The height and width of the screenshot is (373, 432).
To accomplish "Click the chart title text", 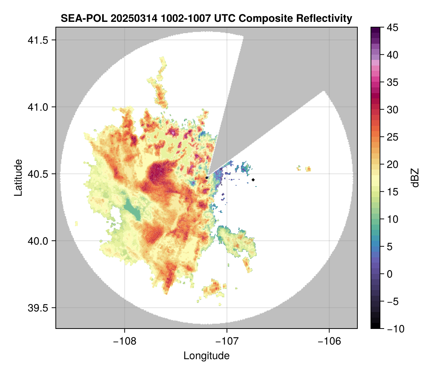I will click(x=206, y=18).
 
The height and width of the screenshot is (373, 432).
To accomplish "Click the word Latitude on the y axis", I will click(x=18, y=177).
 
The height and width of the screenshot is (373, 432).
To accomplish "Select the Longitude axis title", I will click(x=206, y=355).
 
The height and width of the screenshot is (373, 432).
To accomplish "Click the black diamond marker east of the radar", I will click(x=253, y=180).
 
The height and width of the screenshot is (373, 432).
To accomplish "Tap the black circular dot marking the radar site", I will click(x=207, y=177).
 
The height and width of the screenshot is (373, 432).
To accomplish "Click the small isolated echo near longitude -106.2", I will click(x=308, y=169).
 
